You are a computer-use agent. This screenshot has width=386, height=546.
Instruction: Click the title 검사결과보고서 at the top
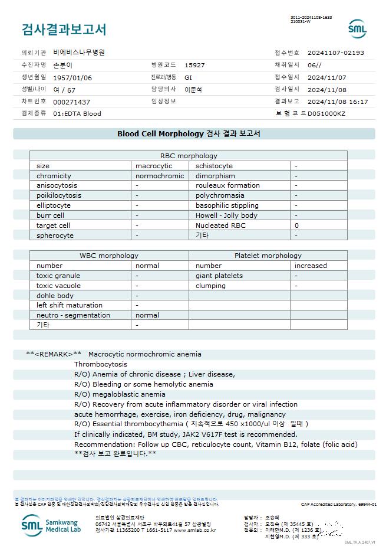(64, 30)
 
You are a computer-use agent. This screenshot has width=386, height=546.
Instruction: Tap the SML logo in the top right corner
(357, 28)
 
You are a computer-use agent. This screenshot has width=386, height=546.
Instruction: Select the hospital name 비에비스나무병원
(79, 53)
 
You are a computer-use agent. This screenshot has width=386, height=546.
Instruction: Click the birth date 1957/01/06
(72, 77)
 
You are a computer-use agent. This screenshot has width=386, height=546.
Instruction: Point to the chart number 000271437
(72, 102)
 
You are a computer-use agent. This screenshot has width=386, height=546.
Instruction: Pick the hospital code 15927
(194, 65)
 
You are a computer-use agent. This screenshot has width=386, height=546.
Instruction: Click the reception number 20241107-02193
(336, 53)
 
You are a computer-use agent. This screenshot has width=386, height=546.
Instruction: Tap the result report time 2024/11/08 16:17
(338, 102)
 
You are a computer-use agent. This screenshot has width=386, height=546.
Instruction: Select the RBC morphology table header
(189, 156)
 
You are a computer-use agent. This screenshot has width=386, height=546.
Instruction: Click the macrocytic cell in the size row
(154, 166)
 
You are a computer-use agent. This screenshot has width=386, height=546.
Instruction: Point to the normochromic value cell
(160, 176)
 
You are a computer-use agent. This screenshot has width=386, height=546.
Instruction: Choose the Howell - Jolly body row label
(226, 215)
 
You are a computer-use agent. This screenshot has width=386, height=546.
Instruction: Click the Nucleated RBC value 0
(297, 225)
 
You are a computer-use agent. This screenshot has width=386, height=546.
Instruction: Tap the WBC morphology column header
(109, 256)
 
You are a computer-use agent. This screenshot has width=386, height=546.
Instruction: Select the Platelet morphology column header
(268, 256)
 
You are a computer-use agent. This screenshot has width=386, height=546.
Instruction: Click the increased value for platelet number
(311, 266)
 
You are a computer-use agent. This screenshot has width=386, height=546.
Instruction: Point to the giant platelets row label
(219, 276)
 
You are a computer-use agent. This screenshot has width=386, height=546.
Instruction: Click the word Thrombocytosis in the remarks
(101, 364)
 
